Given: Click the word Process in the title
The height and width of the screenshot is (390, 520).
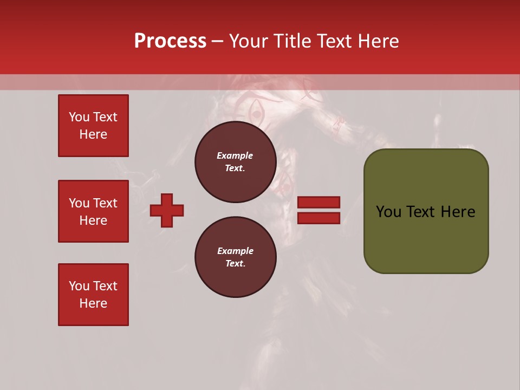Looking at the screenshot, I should coord(170,41).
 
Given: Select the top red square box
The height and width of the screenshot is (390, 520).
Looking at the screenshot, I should coord(93,126).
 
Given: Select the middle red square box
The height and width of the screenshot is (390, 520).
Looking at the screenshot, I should coord(93,211).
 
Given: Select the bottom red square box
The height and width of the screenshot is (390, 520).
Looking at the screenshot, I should coord(93,295).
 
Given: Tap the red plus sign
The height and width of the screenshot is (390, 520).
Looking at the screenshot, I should coord(167,210).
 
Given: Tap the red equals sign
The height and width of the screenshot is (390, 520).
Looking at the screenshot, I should coord(318,210).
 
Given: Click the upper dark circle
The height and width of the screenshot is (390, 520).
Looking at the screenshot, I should coord(236,162).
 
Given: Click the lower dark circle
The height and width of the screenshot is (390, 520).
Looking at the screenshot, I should coord(236,257).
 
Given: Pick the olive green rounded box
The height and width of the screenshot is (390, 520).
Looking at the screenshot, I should coord(426,211).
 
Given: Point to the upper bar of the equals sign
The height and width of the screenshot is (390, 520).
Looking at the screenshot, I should coord(318,203).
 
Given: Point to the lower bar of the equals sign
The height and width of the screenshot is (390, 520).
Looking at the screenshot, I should coord(318,218).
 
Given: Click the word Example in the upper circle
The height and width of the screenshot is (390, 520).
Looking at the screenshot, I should coord(235,155).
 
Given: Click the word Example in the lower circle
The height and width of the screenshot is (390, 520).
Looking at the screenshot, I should coord(235,251).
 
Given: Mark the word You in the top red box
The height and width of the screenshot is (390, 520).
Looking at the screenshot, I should coord(79,117).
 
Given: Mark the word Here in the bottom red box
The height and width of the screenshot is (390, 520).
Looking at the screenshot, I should coord(93,303).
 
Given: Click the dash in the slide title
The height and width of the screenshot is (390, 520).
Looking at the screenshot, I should coord(217,41).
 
